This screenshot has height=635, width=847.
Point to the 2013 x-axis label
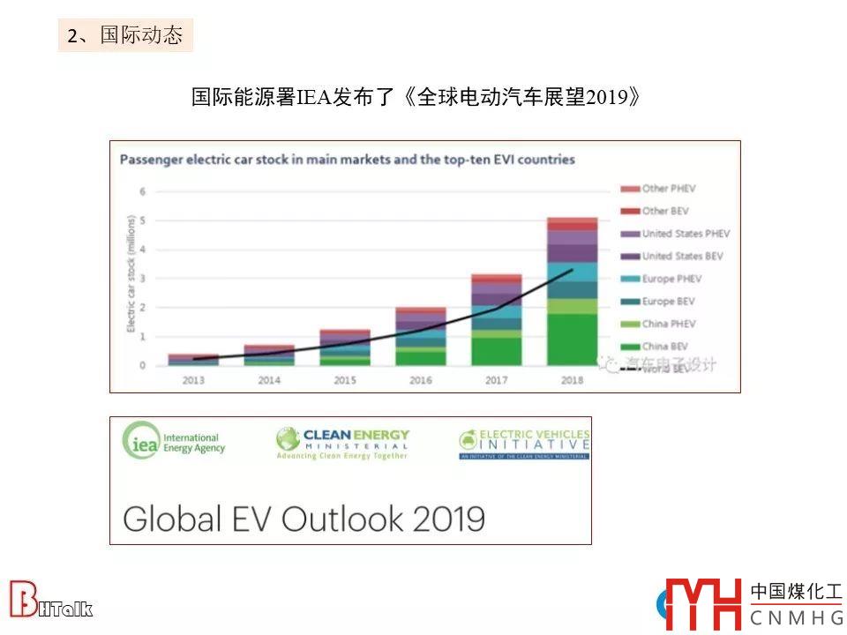[x=193, y=381]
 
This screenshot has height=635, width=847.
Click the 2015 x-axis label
[x=344, y=381]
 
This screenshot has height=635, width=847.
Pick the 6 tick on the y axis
[x=142, y=191]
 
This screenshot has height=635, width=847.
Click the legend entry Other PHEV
[x=668, y=189]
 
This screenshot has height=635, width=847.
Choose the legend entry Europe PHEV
[x=671, y=279]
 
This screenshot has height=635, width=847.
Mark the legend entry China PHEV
[x=668, y=324]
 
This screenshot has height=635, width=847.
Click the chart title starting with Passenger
[x=347, y=160]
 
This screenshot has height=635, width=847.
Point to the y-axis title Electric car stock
[x=129, y=274]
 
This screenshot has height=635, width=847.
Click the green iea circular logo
[x=140, y=440]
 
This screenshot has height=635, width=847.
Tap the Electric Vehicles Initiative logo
[x=524, y=444]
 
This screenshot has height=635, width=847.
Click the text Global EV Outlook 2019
[x=304, y=518]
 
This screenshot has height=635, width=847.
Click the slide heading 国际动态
[x=125, y=35]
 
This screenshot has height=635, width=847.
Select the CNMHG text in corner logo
[x=795, y=618]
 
